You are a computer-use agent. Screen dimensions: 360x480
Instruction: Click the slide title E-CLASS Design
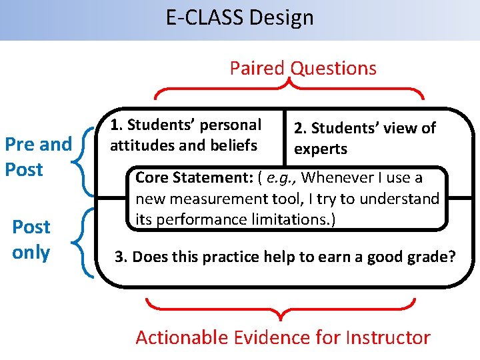pyautogui.click(x=240, y=18)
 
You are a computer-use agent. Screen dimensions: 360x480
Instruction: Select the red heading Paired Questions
pyautogui.click(x=303, y=68)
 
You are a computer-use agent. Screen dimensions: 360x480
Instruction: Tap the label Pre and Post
pyautogui.click(x=38, y=157)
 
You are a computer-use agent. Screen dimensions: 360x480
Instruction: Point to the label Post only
pyautogui.click(x=31, y=239)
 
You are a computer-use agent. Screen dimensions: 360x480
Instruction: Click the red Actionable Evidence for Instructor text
pyautogui.click(x=283, y=337)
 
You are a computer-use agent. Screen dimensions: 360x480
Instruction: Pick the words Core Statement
pyautogui.click(x=182, y=178)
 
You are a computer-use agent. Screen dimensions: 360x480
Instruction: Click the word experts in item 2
pyautogui.click(x=321, y=149)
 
